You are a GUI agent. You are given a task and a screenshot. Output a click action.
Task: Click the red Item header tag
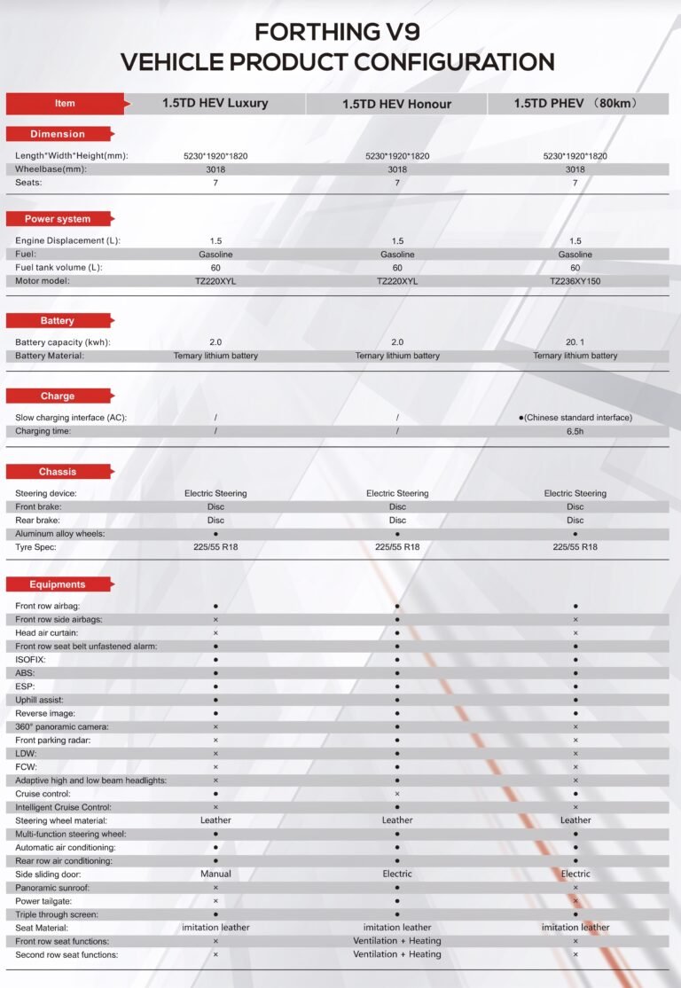(65, 103)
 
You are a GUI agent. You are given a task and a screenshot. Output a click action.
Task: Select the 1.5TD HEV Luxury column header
(215, 103)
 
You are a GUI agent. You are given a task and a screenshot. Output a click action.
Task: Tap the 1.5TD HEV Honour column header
(396, 104)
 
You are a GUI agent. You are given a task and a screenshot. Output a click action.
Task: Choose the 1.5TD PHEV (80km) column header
(575, 103)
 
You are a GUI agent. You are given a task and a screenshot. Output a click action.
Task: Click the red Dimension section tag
(58, 134)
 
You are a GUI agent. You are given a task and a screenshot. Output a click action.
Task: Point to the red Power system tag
(58, 218)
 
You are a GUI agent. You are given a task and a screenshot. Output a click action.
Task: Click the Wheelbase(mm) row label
(51, 169)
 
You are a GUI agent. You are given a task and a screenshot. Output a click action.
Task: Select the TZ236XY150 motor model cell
(575, 281)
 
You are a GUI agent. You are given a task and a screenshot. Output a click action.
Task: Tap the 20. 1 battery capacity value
(575, 342)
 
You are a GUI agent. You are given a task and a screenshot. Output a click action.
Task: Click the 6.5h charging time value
(575, 431)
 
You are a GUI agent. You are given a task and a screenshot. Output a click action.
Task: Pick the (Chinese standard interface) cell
(577, 418)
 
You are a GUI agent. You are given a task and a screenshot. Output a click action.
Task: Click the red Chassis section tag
(58, 472)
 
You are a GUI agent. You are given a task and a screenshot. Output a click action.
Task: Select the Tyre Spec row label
(37, 547)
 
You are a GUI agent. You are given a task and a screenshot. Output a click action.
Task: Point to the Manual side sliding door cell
(215, 874)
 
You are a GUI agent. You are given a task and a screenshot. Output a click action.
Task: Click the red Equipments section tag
(58, 584)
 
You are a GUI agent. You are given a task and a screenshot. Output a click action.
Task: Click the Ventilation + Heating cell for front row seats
(396, 941)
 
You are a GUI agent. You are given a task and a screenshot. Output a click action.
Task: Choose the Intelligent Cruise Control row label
(63, 807)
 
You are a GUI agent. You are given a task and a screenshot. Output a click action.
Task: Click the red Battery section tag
(58, 320)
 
